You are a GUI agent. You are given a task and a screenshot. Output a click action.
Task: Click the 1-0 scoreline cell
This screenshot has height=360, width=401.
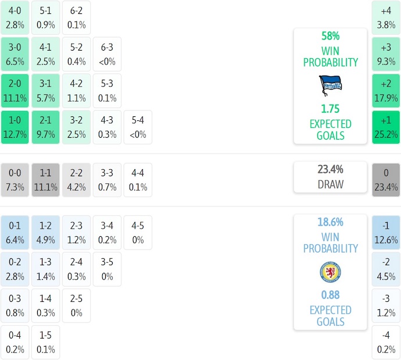[15, 127]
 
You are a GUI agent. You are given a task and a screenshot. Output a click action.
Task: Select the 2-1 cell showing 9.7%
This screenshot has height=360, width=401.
[45, 127]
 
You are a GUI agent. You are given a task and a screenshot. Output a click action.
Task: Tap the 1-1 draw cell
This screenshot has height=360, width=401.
[45, 180]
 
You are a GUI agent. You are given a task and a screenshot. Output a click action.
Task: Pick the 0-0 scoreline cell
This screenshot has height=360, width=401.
[15, 180]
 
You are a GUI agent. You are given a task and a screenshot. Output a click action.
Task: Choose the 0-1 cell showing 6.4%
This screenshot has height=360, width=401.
[15, 232]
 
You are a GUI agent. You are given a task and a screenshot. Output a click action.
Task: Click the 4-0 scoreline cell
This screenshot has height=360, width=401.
[15, 17]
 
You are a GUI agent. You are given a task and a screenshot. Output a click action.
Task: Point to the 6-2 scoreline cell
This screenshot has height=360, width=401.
[76, 17]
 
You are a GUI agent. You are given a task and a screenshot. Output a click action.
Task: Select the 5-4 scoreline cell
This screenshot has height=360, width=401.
[138, 127]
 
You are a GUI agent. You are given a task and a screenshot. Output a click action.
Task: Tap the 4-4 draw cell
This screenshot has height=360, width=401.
[138, 180]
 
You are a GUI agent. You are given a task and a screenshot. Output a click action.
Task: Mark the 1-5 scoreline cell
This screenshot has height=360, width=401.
[45, 342]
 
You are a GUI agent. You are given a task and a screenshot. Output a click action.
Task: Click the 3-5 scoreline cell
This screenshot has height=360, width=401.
[107, 269]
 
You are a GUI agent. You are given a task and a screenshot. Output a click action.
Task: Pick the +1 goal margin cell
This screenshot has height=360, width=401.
[386, 127]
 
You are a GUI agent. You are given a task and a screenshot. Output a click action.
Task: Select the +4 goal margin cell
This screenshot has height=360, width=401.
[386, 17]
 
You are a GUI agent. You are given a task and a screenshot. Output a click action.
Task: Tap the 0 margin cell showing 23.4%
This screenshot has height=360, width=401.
[386, 180]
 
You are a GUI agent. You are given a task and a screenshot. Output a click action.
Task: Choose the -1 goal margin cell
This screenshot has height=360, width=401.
[386, 232]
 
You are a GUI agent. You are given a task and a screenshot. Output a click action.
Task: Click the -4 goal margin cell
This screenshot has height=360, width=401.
[386, 342]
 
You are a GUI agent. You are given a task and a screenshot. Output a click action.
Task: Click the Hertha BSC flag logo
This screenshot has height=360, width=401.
[330, 85]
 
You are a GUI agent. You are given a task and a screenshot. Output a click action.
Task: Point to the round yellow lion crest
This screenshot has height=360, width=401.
[330, 272]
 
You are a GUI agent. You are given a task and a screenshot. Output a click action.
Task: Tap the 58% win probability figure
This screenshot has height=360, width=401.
[330, 35]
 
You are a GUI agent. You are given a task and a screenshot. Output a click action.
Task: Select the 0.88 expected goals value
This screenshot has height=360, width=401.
[330, 295]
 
